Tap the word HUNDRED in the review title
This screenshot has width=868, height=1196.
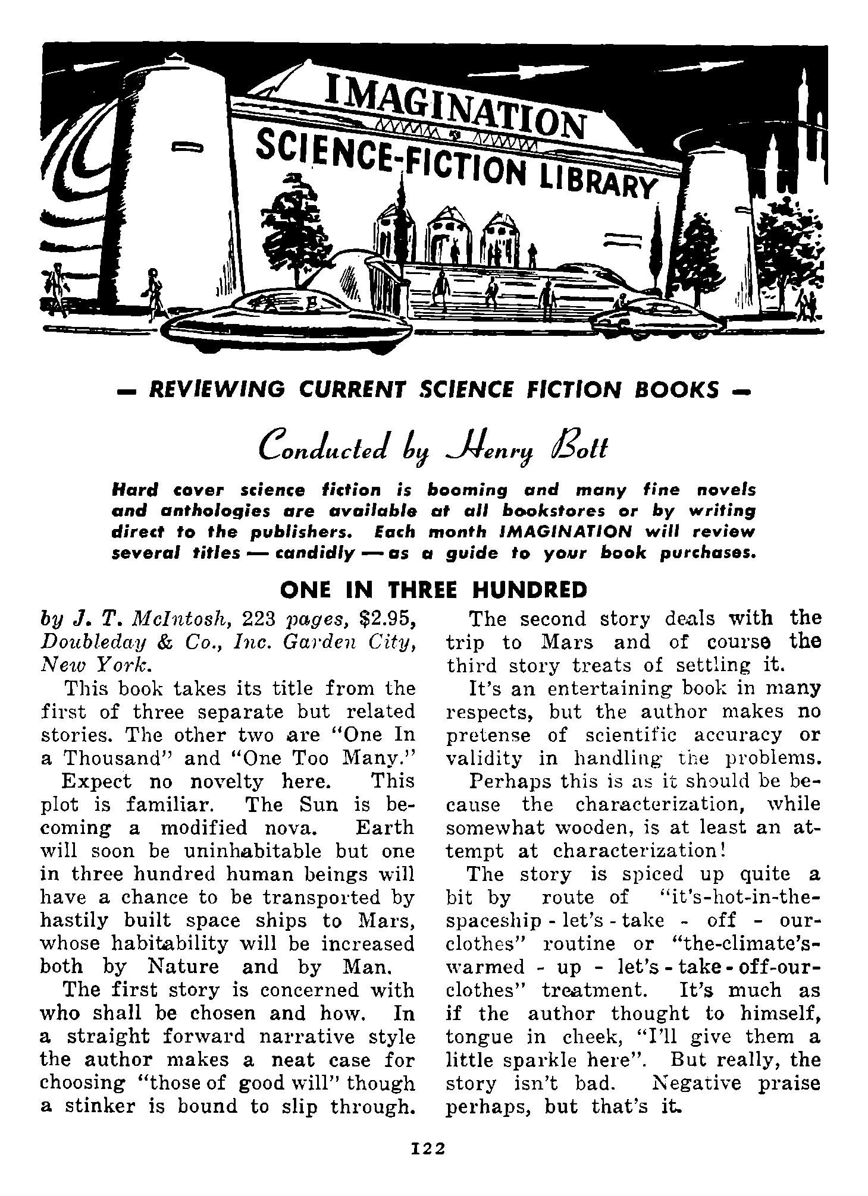coord(529,590)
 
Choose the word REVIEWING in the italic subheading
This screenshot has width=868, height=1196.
coord(217,389)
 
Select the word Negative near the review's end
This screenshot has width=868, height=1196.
coord(696,1083)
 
